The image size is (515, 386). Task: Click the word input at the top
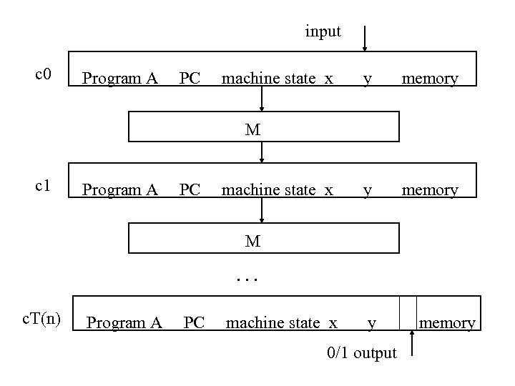click(323, 32)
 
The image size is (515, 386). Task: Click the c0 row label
click(44, 74)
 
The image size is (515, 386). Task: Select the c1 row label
click(44, 186)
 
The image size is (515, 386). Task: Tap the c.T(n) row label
click(40, 319)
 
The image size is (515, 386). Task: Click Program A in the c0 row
click(119, 79)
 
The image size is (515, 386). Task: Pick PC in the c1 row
click(190, 190)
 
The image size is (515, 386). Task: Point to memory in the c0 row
click(430, 79)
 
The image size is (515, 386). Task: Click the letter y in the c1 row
click(367, 190)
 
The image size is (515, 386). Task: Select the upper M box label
click(252, 130)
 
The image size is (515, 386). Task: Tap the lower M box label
click(252, 242)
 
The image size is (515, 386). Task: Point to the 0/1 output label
click(361, 353)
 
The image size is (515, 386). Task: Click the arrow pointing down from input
click(365, 39)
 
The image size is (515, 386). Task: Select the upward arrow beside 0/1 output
click(412, 344)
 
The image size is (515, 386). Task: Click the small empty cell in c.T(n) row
click(408, 313)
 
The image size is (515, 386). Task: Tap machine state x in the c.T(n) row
click(281, 324)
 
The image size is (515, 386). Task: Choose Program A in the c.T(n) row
click(124, 324)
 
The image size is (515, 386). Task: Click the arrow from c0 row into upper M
click(263, 100)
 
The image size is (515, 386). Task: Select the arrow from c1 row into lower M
click(263, 212)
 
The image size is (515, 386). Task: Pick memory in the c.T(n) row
click(447, 324)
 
